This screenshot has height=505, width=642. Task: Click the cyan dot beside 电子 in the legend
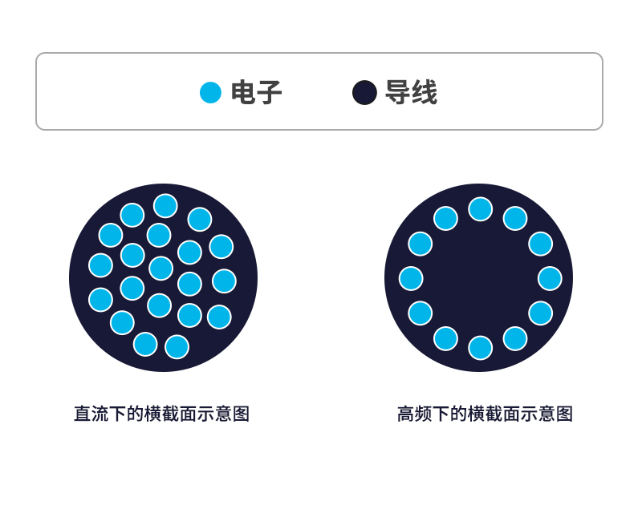point(210,93)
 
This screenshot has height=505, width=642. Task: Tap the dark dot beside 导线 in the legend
point(364,93)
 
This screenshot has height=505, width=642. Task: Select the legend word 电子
point(256,93)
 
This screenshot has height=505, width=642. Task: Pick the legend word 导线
point(411,93)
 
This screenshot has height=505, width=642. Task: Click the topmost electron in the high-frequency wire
point(480,209)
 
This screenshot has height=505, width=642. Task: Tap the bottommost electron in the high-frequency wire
point(480,348)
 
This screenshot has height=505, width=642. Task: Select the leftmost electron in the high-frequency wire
point(411,278)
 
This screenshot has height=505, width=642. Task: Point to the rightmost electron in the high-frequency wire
point(550,278)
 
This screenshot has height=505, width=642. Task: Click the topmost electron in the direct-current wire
point(165,206)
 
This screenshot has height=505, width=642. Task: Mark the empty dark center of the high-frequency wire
point(479,278)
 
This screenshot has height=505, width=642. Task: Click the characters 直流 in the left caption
point(91,414)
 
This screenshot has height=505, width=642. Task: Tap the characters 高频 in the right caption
point(415,414)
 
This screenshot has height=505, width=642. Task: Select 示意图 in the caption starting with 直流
point(224,414)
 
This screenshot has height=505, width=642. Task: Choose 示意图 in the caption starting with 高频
point(547,414)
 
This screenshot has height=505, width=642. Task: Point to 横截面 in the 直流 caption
point(171,414)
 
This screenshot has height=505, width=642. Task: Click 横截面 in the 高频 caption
point(494,414)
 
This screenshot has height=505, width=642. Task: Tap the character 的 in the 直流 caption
point(136,414)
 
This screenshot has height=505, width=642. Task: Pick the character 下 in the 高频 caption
point(441,414)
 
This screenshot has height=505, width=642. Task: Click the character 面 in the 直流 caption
point(189,414)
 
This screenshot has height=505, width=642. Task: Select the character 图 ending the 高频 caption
point(565,414)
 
